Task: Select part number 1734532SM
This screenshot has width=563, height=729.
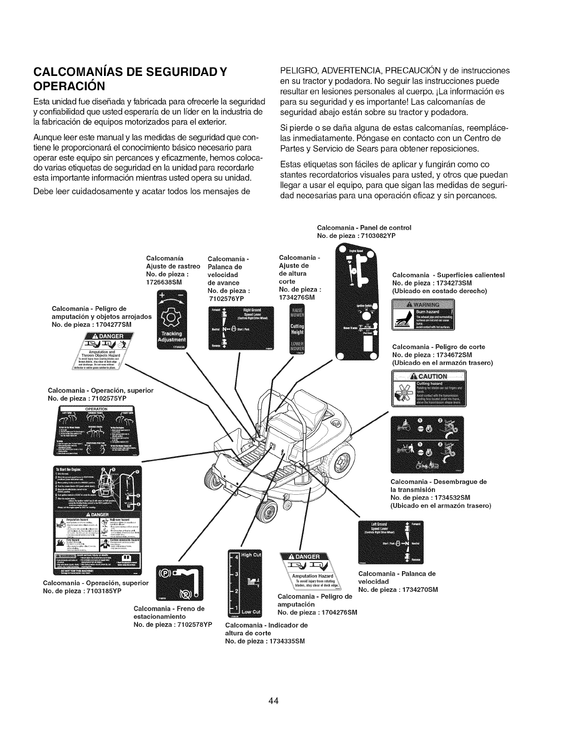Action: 448,498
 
